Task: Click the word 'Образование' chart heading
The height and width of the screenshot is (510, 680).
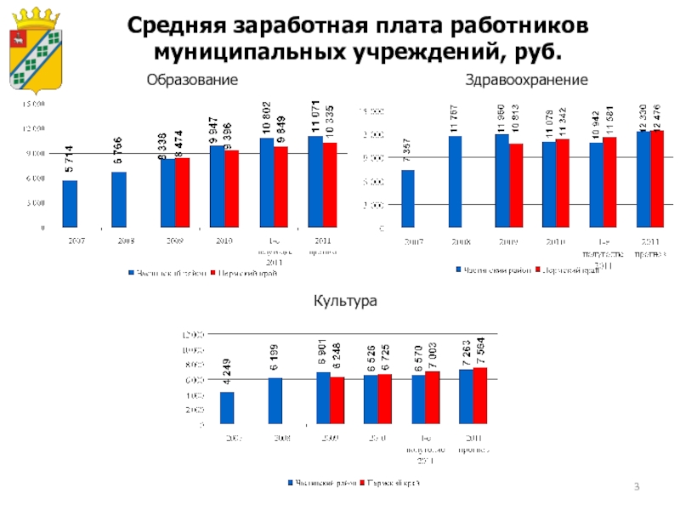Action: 191,80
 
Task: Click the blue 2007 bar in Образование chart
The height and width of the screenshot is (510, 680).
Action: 70,204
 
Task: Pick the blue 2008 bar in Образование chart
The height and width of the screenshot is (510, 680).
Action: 119,200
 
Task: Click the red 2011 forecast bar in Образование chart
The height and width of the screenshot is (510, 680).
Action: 330,184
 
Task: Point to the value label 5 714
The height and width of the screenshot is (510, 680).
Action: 69,161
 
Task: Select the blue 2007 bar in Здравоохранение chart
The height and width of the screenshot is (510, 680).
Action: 408,199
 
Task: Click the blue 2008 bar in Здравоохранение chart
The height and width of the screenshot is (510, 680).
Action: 455,182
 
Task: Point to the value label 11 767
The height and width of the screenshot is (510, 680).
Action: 455,116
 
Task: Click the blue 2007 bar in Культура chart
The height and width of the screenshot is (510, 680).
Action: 227,407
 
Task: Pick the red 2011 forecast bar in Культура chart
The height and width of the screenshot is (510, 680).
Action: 480,395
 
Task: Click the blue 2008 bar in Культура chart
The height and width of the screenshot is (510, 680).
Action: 275,400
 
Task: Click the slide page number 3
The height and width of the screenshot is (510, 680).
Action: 638,485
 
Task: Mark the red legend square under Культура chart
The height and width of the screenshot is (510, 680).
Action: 360,484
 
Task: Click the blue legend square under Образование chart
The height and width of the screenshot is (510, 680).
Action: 131,274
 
